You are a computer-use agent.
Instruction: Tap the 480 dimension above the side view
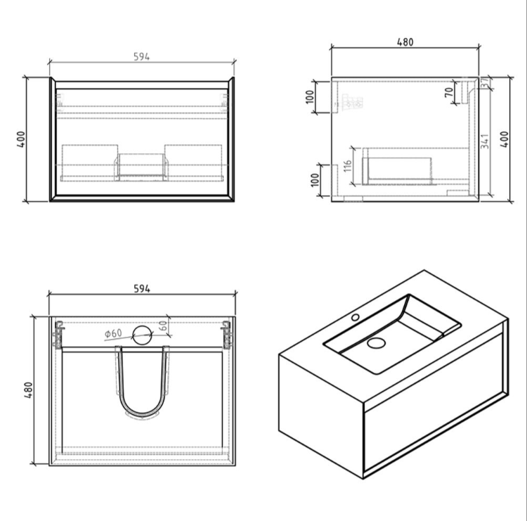(405, 41)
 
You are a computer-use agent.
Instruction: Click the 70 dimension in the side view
(449, 92)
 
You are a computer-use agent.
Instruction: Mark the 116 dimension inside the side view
(347, 167)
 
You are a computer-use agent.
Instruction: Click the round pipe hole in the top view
(143, 335)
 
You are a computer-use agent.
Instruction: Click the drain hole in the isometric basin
(377, 343)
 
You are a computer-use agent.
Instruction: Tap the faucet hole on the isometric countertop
(356, 318)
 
